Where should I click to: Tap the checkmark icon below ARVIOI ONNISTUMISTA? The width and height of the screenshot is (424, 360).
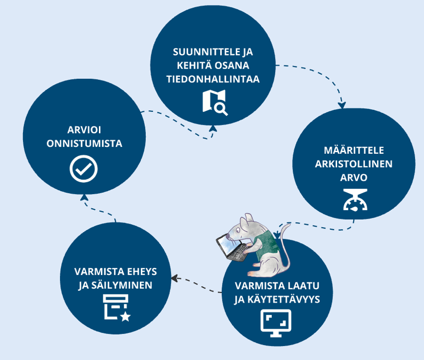click(x=83, y=168)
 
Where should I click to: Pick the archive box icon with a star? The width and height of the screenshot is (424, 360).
click(x=116, y=307)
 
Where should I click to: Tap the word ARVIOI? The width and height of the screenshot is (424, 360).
click(x=84, y=130)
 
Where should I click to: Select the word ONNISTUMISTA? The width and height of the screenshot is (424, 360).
click(x=84, y=143)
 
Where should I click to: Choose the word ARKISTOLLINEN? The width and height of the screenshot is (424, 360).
click(x=354, y=164)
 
